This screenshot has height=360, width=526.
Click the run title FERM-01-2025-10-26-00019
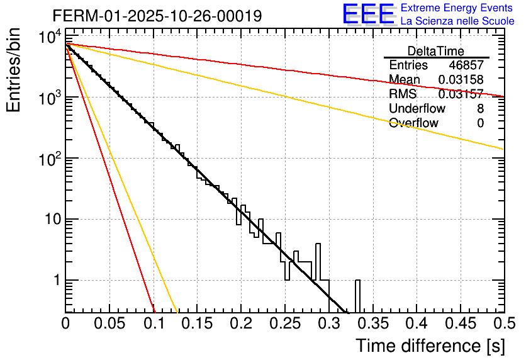157,16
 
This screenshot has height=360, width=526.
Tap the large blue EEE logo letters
367,14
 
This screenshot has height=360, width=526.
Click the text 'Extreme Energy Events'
457,8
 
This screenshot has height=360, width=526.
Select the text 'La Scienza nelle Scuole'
457,21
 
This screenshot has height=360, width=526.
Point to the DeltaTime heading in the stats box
435,51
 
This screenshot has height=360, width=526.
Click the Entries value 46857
466,65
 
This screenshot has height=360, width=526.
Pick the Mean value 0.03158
461,79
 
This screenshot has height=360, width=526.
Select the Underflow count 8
480,108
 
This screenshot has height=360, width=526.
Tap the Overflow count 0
480,123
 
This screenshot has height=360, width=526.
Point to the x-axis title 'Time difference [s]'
430,346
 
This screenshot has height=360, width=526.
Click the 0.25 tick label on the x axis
284,323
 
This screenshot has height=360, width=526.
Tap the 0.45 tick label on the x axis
460,323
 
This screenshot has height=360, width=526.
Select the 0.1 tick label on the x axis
154,323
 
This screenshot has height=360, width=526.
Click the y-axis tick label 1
55,280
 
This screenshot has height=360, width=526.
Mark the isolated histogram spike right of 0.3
357,295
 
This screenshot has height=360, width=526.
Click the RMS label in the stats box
403,94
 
